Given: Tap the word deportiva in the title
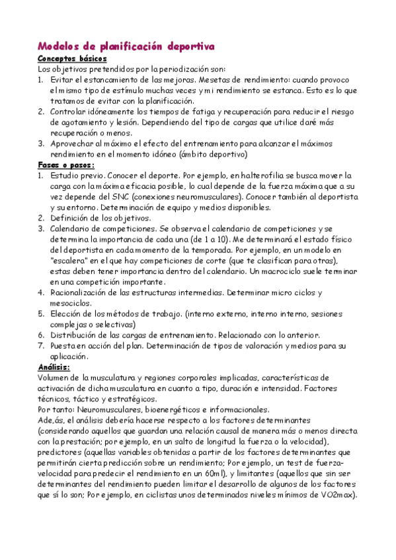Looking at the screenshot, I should [x=190, y=46].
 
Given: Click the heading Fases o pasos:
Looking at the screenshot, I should [x=66, y=164].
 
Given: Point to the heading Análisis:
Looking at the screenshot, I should [x=54, y=367].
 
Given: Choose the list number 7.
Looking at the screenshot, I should [x=40, y=345].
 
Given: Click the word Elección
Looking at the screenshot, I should [x=66, y=314].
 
